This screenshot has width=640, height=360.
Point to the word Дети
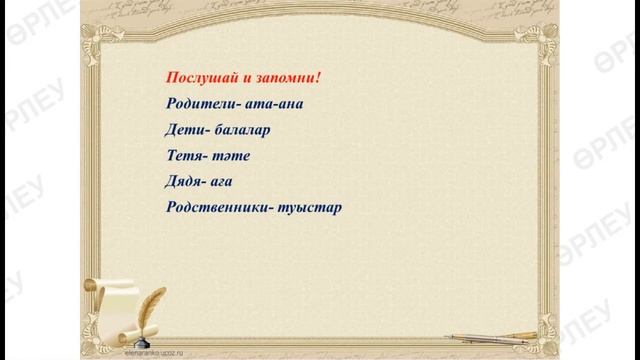tap(182, 130)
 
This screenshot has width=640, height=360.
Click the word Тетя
tap(184, 157)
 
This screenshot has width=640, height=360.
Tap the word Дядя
tap(184, 183)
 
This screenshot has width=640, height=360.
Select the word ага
tap(227, 184)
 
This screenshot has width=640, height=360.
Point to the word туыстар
tap(308, 210)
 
